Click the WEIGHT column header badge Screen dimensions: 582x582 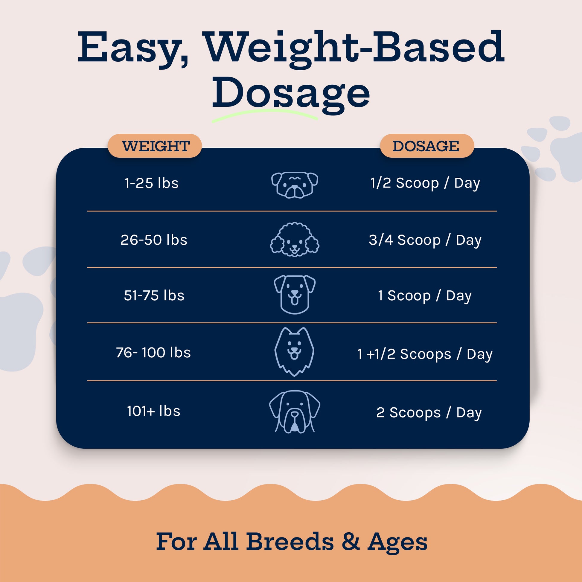(155, 146)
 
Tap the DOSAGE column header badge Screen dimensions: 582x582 (427, 146)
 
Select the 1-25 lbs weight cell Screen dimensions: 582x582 (152, 183)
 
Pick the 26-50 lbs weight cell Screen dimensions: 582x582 (154, 240)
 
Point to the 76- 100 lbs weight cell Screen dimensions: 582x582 (153, 352)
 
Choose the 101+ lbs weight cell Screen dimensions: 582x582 (154, 411)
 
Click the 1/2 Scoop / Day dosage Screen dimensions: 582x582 (425, 183)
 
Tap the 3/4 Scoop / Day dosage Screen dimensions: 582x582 (425, 240)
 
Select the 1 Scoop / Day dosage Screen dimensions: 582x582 (425, 296)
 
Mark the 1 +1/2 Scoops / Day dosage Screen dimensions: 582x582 (425, 354)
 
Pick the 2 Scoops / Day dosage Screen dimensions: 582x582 (429, 413)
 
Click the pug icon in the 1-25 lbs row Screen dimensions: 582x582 (295, 185)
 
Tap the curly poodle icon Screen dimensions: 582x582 (295, 240)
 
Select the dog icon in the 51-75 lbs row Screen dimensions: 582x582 (295, 295)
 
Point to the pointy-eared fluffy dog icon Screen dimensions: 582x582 (294, 352)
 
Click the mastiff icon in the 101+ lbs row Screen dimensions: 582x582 (295, 412)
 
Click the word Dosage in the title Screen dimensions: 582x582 (291, 94)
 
